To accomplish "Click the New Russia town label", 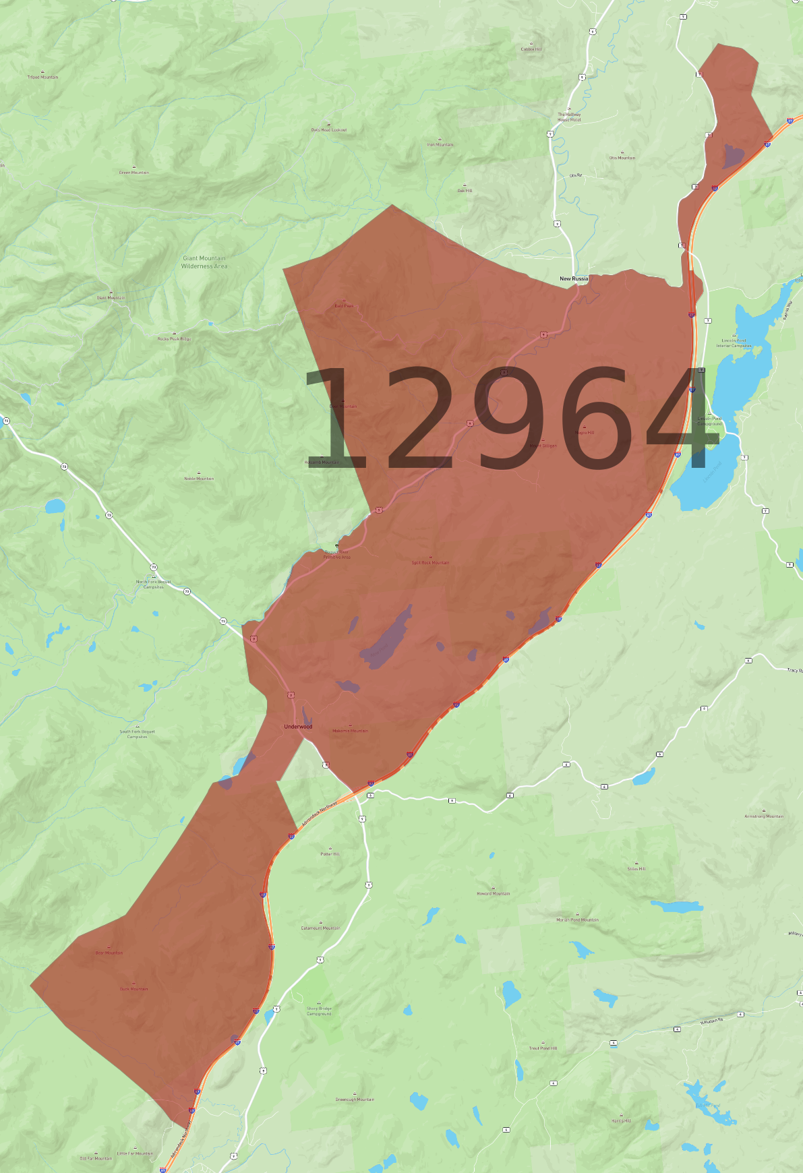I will coord(574,278).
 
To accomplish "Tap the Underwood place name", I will coord(298,727).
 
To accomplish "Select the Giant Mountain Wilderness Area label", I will coord(204,262).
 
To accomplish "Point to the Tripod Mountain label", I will coord(42,78).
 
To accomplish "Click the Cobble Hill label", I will coord(531,49).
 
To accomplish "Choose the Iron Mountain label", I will coord(440,145).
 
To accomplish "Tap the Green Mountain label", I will coord(134,173).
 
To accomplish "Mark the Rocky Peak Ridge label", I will coord(174,339).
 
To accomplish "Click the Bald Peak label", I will coord(344,306).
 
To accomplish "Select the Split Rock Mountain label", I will coord(430,563).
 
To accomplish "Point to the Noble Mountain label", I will coord(199,479).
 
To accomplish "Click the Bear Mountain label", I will coord(109,953).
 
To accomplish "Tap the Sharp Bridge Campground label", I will coord(319,1011).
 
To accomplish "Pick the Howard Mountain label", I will coord(494,894).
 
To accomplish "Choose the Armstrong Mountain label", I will coord(764,816).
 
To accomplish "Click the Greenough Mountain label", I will coord(355,1100).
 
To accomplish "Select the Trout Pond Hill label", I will coord(543,1048).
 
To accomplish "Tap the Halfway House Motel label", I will coord(569,117).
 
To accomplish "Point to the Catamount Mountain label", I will coord(320,928).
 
